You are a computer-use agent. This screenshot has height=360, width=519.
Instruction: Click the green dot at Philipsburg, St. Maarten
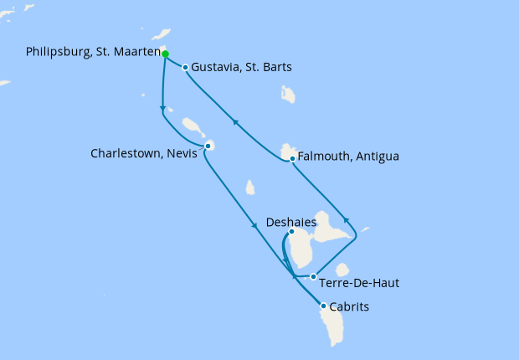[165, 54]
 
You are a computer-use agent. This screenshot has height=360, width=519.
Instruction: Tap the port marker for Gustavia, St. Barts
[185, 67]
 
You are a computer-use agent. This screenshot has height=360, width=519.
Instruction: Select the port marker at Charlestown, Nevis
[208, 147]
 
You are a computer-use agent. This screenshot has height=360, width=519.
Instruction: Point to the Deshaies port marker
[291, 232]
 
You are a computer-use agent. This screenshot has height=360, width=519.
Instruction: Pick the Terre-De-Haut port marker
[313, 276]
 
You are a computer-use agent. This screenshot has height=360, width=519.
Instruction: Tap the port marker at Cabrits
[323, 306]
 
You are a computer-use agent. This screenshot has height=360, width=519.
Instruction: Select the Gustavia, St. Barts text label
[241, 68]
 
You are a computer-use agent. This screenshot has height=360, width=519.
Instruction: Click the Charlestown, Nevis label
[143, 154]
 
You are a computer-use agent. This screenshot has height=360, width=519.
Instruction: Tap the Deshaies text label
[290, 222]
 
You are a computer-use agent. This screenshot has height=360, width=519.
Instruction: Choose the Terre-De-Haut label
[359, 283]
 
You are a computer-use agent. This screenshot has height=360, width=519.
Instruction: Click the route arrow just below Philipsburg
[162, 108]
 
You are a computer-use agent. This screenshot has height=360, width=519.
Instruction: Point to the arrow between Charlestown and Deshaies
[254, 224]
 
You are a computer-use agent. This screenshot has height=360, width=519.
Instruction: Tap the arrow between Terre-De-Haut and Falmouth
[346, 221]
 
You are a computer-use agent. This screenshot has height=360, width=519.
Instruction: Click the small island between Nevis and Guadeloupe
[250, 188]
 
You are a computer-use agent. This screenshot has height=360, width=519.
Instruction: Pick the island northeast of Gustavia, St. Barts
[288, 94]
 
